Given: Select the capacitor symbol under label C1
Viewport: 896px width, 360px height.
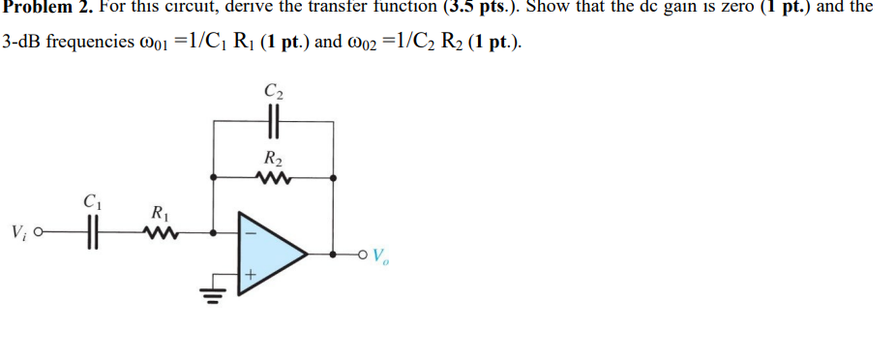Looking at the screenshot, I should tap(92, 233).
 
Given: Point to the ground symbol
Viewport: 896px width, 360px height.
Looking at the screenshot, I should tap(212, 295).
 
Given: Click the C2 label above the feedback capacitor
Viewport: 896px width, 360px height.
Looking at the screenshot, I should tap(272, 92).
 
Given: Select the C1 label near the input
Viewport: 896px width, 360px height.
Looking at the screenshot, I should tap(92, 204).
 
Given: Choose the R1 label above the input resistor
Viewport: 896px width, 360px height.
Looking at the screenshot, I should tap(158, 211).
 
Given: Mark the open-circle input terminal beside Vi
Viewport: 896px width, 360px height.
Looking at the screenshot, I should tap(40, 233).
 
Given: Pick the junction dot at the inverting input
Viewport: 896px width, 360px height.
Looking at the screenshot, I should tap(212, 233).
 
